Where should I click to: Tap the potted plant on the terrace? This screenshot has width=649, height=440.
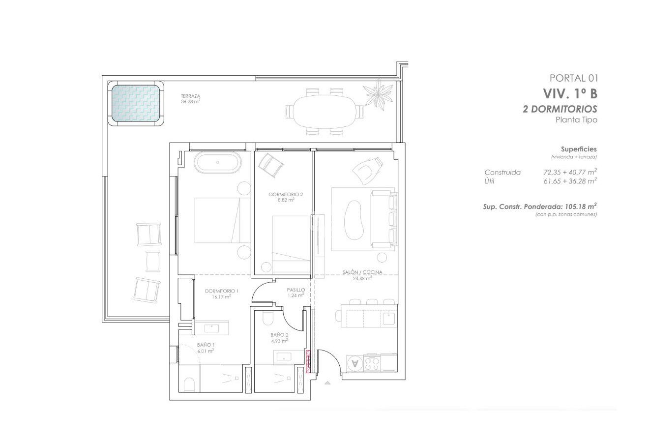[378, 94]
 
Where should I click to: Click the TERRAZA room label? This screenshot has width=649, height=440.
[190, 96]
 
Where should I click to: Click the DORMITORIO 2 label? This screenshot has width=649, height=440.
[286, 195]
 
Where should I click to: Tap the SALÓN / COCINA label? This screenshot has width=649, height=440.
[362, 272]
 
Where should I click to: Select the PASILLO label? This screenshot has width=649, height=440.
[296, 290]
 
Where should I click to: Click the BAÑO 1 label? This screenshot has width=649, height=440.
[206, 345]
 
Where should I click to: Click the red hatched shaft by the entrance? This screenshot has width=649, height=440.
[308, 361]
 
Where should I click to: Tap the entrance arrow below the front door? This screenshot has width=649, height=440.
[327, 382]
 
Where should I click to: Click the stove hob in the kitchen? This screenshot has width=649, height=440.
[372, 363]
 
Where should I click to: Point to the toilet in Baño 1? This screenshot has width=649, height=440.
[188, 384]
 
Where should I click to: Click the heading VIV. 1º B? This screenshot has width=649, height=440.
[570, 93]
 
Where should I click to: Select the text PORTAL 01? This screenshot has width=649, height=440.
[573, 78]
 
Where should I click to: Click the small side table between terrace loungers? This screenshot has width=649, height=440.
[153, 261]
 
